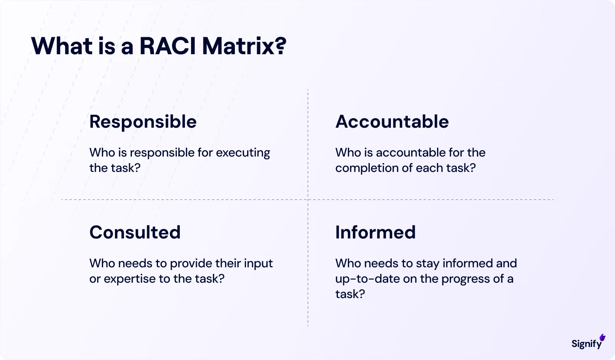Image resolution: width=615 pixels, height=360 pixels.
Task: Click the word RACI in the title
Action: [x=168, y=46]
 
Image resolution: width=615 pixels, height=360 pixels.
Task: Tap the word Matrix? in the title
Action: [x=244, y=46]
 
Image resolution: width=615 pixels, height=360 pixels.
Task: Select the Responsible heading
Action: [x=143, y=122]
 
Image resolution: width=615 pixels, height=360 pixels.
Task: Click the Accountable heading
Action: [x=392, y=122]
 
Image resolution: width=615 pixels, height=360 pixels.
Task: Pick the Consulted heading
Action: [x=135, y=232]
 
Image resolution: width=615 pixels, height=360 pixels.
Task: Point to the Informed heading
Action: [x=376, y=232]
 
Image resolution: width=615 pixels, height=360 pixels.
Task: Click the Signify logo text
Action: [x=586, y=343]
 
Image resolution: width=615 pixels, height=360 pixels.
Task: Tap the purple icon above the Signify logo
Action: [x=602, y=337]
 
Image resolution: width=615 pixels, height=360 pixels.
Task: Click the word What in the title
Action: [x=62, y=46]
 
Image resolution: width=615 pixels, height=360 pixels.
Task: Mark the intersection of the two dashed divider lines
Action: [x=308, y=200]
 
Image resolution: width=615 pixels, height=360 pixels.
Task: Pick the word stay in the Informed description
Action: [x=427, y=264]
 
